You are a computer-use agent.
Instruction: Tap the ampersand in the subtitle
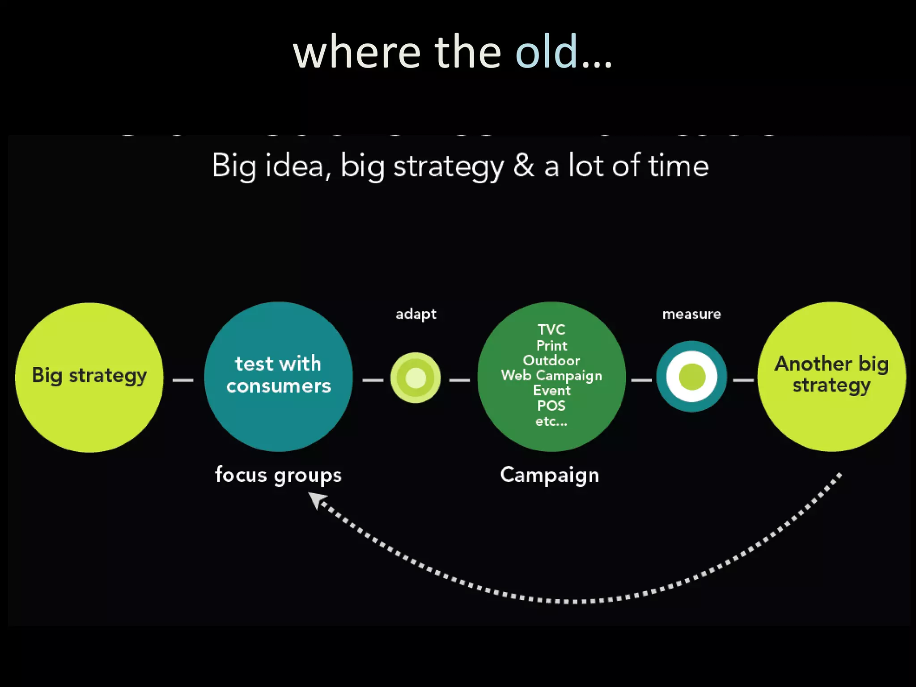[523, 165]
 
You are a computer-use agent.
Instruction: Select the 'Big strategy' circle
[89, 377]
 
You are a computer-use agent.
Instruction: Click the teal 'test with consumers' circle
[278, 376]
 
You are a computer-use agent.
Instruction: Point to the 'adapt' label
[416, 314]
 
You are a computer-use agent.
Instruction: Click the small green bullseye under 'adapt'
[416, 377]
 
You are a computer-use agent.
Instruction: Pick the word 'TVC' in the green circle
[551, 330]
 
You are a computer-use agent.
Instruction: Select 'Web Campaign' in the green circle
[551, 375]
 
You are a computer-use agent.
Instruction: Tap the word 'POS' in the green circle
[551, 406]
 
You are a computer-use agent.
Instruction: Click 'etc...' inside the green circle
[551, 421]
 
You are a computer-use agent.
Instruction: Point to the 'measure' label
[691, 314]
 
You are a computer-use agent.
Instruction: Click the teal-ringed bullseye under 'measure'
[691, 377]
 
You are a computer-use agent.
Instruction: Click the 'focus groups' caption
[278, 475]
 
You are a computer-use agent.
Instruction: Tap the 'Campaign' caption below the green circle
[550, 475]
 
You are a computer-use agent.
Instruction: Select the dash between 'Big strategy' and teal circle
[183, 380]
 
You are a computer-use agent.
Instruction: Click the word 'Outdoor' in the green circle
[551, 360]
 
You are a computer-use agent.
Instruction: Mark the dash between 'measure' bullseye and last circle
[743, 380]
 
